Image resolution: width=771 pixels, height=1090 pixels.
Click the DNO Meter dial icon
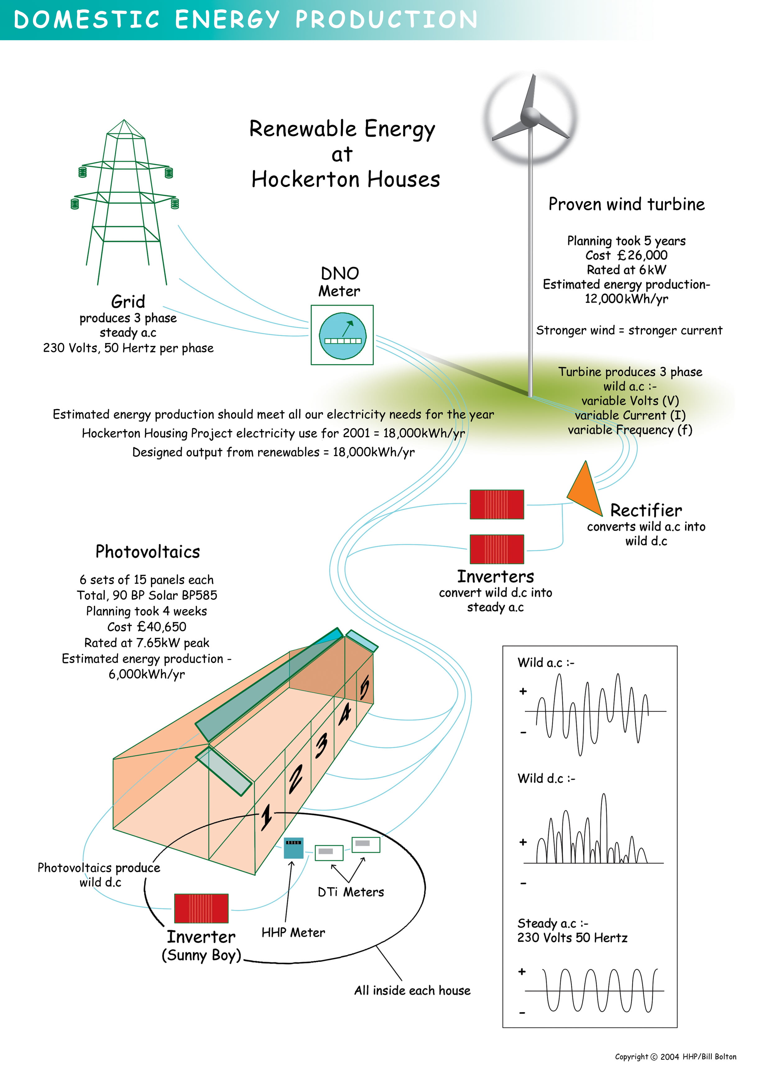pos(343,335)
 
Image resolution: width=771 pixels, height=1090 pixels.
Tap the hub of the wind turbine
pos(531,116)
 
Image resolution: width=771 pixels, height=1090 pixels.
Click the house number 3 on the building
pos(321,744)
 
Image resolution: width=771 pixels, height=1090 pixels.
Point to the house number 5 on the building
pos(364,687)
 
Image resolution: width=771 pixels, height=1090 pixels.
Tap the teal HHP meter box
pos(293,848)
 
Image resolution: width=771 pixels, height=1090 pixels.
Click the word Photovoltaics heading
pos(148,552)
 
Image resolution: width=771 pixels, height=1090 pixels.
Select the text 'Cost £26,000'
pos(626,255)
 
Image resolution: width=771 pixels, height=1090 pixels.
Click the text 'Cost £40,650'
pos(147,627)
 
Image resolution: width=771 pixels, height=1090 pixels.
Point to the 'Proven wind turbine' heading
pos(626,204)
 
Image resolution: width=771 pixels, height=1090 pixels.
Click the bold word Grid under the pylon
pos(128,301)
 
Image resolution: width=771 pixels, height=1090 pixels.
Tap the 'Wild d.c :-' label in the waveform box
pos(546,779)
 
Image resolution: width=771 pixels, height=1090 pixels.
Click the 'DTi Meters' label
pos(351,892)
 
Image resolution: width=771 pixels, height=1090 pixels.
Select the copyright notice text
pos(675,1056)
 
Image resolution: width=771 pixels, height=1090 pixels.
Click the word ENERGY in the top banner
pos(227,20)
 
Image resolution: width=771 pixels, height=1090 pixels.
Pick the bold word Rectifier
pos(646,510)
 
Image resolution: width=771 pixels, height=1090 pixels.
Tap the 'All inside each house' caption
pos(412,990)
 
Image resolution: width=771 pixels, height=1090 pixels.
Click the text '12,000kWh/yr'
pos(626,299)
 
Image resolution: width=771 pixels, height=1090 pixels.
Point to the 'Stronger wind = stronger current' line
pos(629,330)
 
